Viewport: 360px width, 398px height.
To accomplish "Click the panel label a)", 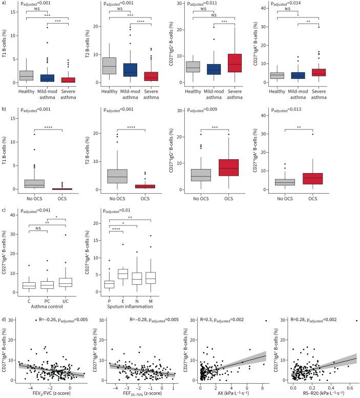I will [5, 4].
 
